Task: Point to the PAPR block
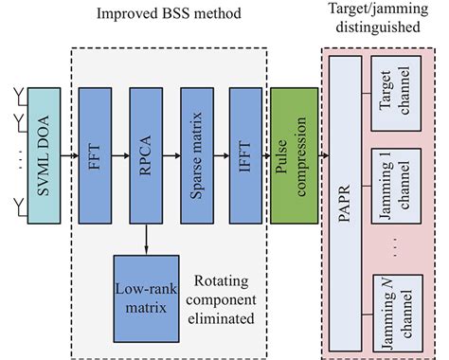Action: click(345, 199)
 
